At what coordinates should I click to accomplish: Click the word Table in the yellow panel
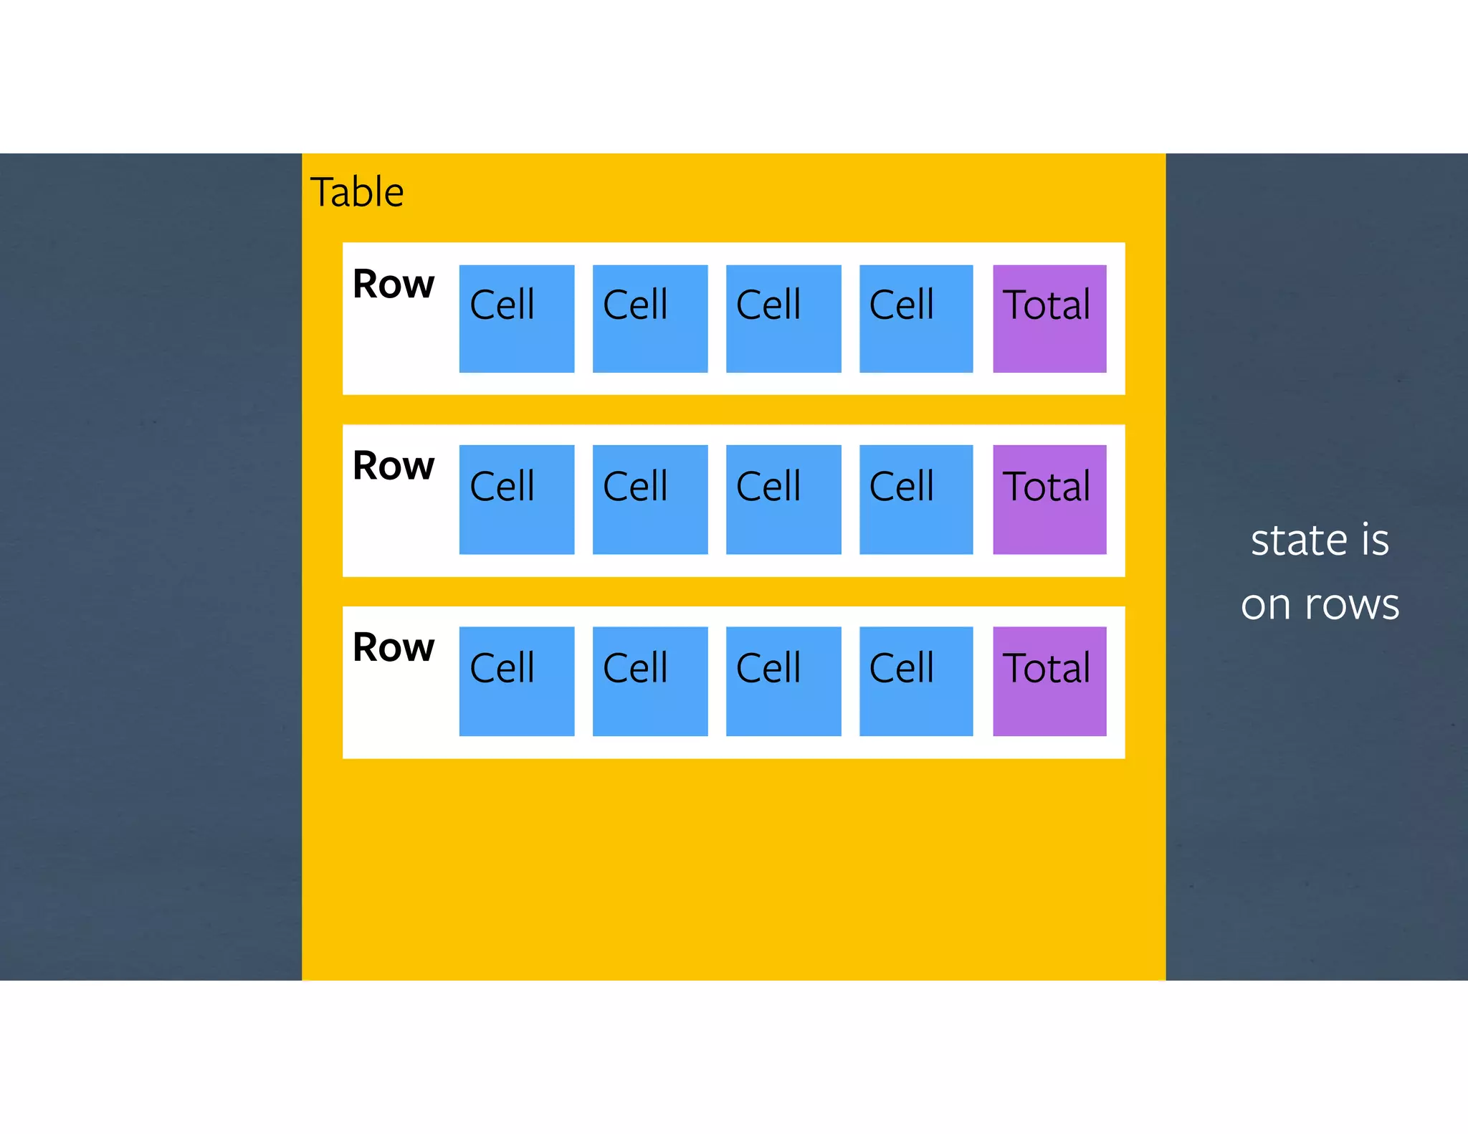tap(357, 192)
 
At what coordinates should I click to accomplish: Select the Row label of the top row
tap(394, 284)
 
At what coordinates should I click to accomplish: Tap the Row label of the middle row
tap(394, 466)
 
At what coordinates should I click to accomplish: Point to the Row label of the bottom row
tap(394, 647)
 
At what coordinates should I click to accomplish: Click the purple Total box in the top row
tap(1049, 319)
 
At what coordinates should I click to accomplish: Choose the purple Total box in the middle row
tap(1049, 500)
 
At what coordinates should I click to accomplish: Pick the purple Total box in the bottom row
tap(1049, 681)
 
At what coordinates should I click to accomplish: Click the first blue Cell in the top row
tap(517, 319)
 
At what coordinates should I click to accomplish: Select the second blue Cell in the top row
tap(650, 319)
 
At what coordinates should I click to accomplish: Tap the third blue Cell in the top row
tap(783, 319)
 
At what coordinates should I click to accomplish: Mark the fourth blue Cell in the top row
tap(916, 319)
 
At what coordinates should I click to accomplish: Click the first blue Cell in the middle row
tap(517, 500)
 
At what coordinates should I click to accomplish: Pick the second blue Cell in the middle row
tap(650, 500)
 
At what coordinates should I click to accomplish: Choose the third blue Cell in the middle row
tap(783, 500)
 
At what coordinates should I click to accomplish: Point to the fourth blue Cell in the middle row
tap(916, 500)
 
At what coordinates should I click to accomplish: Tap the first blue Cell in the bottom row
tap(517, 681)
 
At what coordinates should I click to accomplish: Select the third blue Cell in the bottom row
tap(783, 681)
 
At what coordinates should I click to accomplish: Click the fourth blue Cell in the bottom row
tap(916, 681)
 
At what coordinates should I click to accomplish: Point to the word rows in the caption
tap(1352, 605)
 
